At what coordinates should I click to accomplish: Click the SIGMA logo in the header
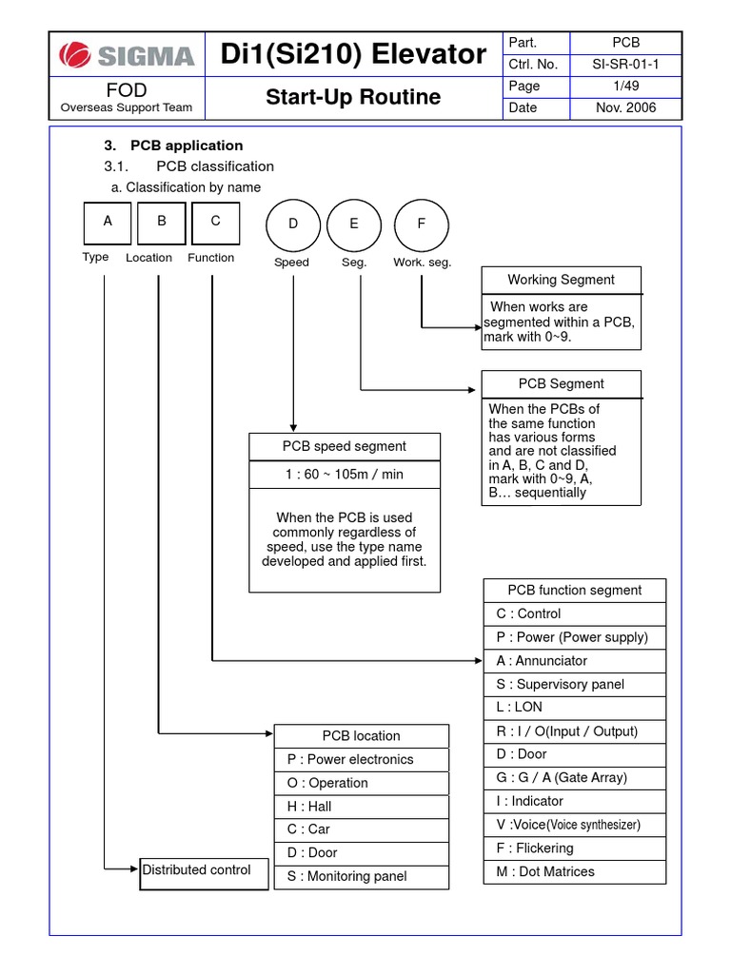tap(127, 54)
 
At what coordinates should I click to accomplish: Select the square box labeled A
tap(109, 224)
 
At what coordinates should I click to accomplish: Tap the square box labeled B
tap(162, 224)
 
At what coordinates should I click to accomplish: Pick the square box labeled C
tap(216, 224)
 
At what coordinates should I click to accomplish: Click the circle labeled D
tap(293, 224)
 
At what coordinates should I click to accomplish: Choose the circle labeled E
tap(354, 224)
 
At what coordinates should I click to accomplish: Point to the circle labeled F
tap(422, 224)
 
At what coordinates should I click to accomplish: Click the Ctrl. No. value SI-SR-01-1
tap(625, 65)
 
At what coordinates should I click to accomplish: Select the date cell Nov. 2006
tap(625, 107)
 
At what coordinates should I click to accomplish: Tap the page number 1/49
tap(625, 87)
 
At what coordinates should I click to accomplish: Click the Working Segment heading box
tap(561, 280)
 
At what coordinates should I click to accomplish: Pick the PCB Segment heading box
tap(561, 384)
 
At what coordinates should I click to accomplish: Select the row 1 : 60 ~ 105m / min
tap(345, 475)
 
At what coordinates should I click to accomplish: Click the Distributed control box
tap(204, 871)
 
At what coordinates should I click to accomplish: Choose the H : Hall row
tap(361, 807)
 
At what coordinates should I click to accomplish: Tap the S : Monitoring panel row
tap(361, 877)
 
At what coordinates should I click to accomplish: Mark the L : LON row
tap(574, 708)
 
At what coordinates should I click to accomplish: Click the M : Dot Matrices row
tap(574, 871)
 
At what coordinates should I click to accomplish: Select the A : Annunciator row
tap(574, 661)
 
